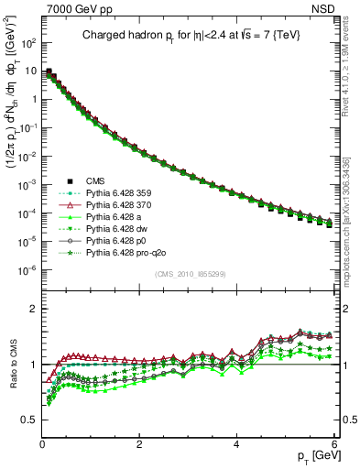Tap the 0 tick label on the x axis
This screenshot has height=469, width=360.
click(42, 442)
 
